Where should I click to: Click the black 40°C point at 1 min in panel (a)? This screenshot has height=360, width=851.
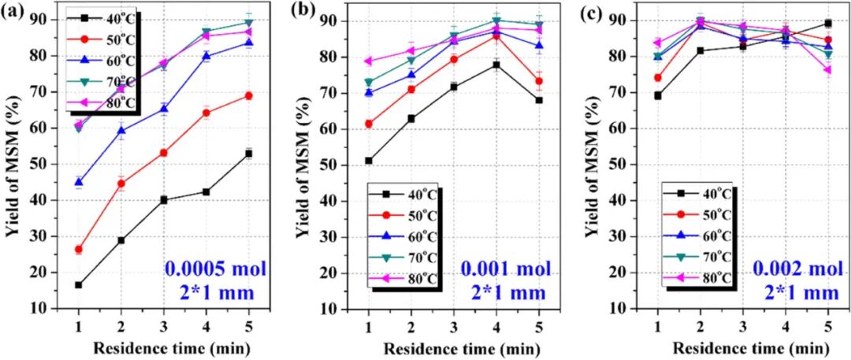coord(78,284)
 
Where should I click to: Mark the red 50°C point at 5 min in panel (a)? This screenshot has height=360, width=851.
coord(249,95)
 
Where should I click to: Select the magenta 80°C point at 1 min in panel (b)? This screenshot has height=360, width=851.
coord(368,61)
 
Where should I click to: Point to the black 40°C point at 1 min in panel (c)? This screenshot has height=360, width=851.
coord(658,95)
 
